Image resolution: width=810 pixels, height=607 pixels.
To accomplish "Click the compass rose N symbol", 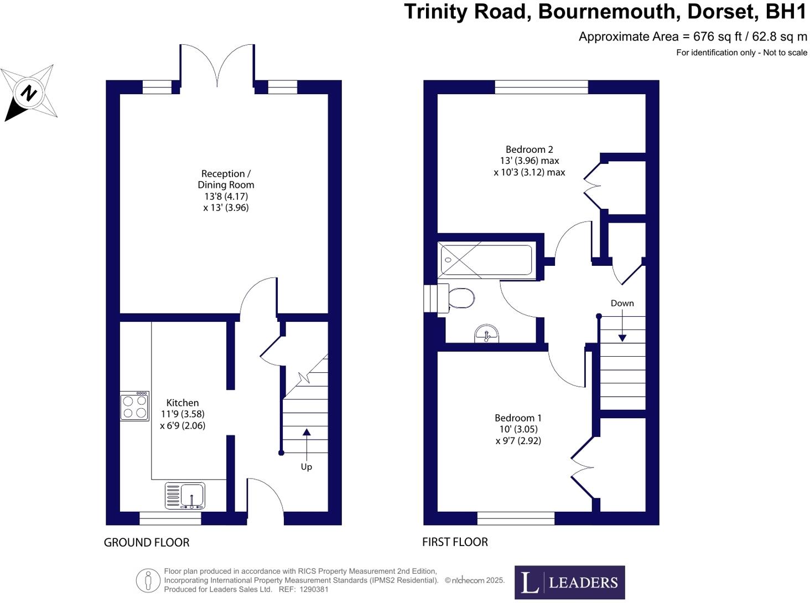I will (x=28, y=92).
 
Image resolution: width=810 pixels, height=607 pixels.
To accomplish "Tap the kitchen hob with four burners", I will (x=135, y=407).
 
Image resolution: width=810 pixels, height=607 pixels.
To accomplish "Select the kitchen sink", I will (x=185, y=495).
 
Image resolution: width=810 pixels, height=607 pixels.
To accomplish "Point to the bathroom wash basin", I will (x=486, y=334).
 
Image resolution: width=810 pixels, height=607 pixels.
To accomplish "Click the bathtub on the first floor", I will (x=486, y=260).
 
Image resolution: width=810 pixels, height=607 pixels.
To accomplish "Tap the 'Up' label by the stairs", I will (x=307, y=467).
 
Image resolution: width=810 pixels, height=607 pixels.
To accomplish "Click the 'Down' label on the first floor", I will (x=622, y=303).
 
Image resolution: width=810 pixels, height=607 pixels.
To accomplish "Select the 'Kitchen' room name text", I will (x=183, y=403).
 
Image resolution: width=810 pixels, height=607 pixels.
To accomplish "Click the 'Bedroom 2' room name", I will (x=529, y=150).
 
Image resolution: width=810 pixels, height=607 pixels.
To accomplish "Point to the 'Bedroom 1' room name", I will (x=518, y=418).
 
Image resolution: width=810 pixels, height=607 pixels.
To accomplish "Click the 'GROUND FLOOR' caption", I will (x=147, y=543).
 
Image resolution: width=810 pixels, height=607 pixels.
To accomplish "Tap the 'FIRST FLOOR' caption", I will (x=455, y=542).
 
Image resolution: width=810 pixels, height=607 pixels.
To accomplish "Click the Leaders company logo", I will (x=569, y=582).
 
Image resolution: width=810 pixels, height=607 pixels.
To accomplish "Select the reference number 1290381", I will (x=314, y=589).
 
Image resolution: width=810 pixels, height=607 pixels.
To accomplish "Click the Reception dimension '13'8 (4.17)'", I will (x=226, y=196).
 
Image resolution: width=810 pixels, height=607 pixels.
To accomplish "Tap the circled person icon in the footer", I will (x=148, y=580).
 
